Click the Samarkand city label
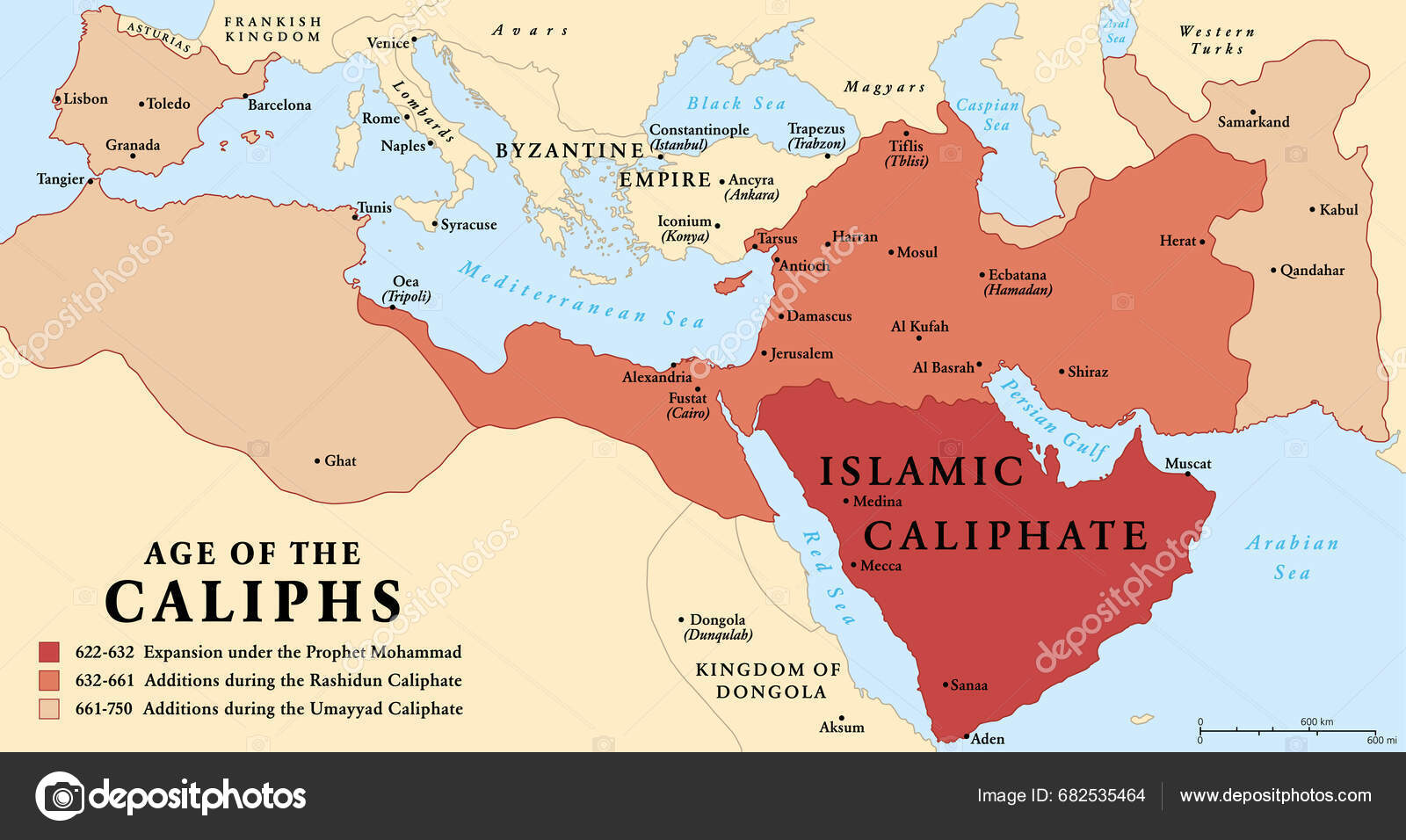point(1253,122)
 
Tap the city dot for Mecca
point(853,565)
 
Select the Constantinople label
point(699,130)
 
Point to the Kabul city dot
point(1312,209)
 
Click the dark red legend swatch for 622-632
point(49,652)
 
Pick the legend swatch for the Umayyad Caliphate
point(49,708)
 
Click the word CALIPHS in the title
point(253,603)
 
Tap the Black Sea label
point(736,104)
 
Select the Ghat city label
point(340,460)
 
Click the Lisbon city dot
point(58,99)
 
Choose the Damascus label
point(819,315)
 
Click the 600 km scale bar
point(1286,731)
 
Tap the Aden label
point(988,739)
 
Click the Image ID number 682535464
point(1101,795)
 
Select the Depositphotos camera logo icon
point(60,796)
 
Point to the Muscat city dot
point(1187,474)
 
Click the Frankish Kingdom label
point(272,29)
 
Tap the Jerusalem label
point(801,353)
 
